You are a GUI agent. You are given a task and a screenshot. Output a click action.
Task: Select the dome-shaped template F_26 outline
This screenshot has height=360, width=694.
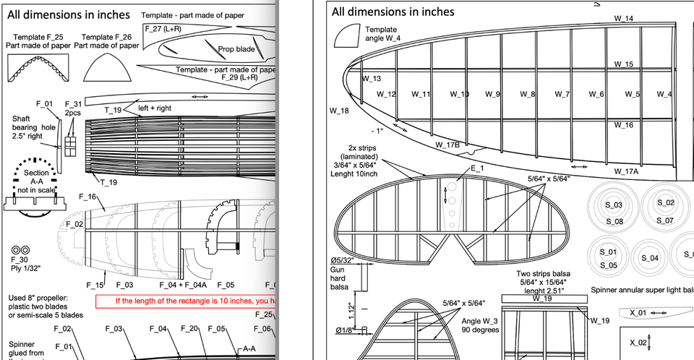[107, 69]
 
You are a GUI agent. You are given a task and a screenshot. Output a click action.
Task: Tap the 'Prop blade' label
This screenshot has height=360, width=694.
[236, 49]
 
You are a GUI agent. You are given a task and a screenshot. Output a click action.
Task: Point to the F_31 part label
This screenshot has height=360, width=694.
[73, 104]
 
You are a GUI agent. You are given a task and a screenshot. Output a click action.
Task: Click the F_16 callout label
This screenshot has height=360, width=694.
[87, 197]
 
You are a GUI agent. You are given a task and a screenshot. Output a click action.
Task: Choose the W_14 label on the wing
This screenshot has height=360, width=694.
[624, 18]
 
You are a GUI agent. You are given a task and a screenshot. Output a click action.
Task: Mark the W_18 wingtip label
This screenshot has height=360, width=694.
[339, 111]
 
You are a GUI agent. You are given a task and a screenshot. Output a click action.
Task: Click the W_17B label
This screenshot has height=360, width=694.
[447, 145]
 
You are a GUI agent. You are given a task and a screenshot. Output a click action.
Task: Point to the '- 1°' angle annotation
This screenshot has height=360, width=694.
[378, 131]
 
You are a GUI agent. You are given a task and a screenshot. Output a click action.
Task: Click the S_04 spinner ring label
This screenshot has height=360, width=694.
[650, 258]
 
